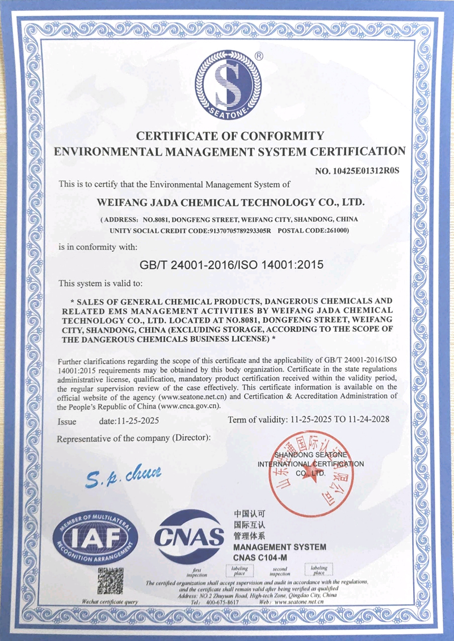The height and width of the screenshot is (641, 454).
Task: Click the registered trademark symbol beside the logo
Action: point(259,56)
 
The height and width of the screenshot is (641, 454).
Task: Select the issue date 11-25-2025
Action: point(137,421)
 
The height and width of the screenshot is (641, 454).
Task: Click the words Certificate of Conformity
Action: point(230,136)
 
